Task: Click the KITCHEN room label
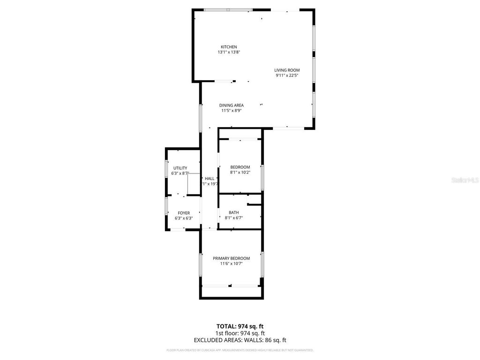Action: pyautogui.click(x=229, y=47)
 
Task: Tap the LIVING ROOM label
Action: pyautogui.click(x=287, y=70)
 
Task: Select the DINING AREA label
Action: pyautogui.click(x=231, y=105)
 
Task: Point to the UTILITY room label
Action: pyautogui.click(x=180, y=168)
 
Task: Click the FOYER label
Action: pyautogui.click(x=183, y=213)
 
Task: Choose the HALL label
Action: pyautogui.click(x=210, y=179)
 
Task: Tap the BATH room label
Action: pyautogui.click(x=233, y=212)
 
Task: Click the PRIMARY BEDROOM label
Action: pyautogui.click(x=231, y=258)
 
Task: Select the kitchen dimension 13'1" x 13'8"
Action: pyautogui.click(x=229, y=52)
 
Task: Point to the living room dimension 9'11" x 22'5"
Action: pyautogui.click(x=287, y=75)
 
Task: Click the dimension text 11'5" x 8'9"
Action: pyautogui.click(x=231, y=111)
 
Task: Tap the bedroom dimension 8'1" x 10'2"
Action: pyautogui.click(x=240, y=172)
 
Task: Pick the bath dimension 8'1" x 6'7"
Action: pyautogui.click(x=233, y=217)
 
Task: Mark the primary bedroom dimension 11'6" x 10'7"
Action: pyautogui.click(x=231, y=263)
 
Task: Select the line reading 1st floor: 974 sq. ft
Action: pyautogui.click(x=240, y=333)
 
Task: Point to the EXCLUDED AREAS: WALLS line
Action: pyautogui.click(x=240, y=340)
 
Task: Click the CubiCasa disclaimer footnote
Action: pyautogui.click(x=240, y=350)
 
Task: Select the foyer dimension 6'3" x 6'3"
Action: pyautogui.click(x=183, y=218)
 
